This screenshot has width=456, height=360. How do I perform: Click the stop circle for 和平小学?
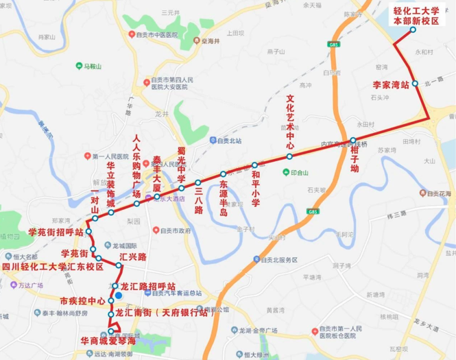point(254,165)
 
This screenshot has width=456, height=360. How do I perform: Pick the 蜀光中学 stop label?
point(182,164)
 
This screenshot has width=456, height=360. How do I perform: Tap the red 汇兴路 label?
point(133,257)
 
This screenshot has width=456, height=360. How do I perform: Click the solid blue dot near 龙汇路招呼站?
point(119,295)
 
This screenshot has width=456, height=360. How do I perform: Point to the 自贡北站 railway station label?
point(230,141)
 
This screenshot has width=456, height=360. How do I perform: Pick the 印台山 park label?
point(300,173)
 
